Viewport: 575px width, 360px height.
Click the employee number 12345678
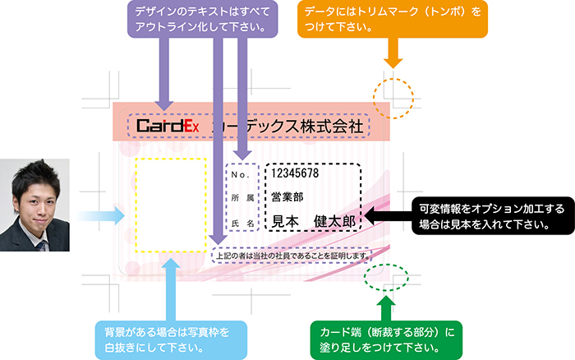coord(295,174)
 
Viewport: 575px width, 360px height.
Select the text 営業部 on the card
coord(287,197)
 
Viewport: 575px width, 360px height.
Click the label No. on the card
coord(240,175)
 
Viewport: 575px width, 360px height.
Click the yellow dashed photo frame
coord(171,204)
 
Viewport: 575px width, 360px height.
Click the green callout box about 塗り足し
coord(388,338)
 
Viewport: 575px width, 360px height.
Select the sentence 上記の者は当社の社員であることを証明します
coord(292,256)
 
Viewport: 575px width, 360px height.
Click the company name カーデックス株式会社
coord(287,127)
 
